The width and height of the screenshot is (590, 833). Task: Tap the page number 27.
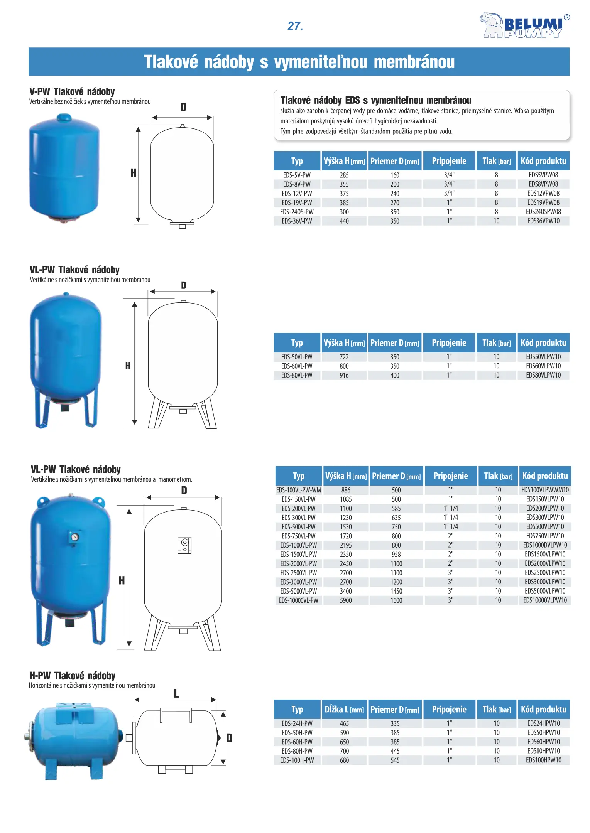(295, 26)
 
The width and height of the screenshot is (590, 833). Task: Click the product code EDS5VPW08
(543, 175)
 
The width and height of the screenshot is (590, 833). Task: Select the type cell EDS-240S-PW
(297, 212)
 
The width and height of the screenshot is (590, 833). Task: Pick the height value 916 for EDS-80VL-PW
(344, 375)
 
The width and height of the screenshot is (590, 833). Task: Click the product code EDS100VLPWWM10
(545, 490)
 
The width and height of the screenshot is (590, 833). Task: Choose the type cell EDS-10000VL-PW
(298, 600)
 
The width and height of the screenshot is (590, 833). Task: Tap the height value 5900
(346, 600)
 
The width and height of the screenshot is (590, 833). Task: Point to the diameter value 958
(396, 554)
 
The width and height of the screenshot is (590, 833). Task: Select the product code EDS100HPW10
(543, 760)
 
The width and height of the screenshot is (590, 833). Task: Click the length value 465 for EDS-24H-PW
(344, 723)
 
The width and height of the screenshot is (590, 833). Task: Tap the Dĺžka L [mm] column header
(344, 709)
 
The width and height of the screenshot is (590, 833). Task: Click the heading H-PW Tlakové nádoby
(73, 676)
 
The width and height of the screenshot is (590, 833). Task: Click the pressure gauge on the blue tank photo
(74, 537)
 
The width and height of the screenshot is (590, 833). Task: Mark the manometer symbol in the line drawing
(184, 545)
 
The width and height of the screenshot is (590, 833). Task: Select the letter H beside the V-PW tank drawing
(133, 173)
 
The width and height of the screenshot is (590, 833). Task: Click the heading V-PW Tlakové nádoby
(72, 92)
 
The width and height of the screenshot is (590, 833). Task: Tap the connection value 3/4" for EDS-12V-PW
(449, 193)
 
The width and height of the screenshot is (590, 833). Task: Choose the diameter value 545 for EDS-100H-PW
(395, 760)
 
